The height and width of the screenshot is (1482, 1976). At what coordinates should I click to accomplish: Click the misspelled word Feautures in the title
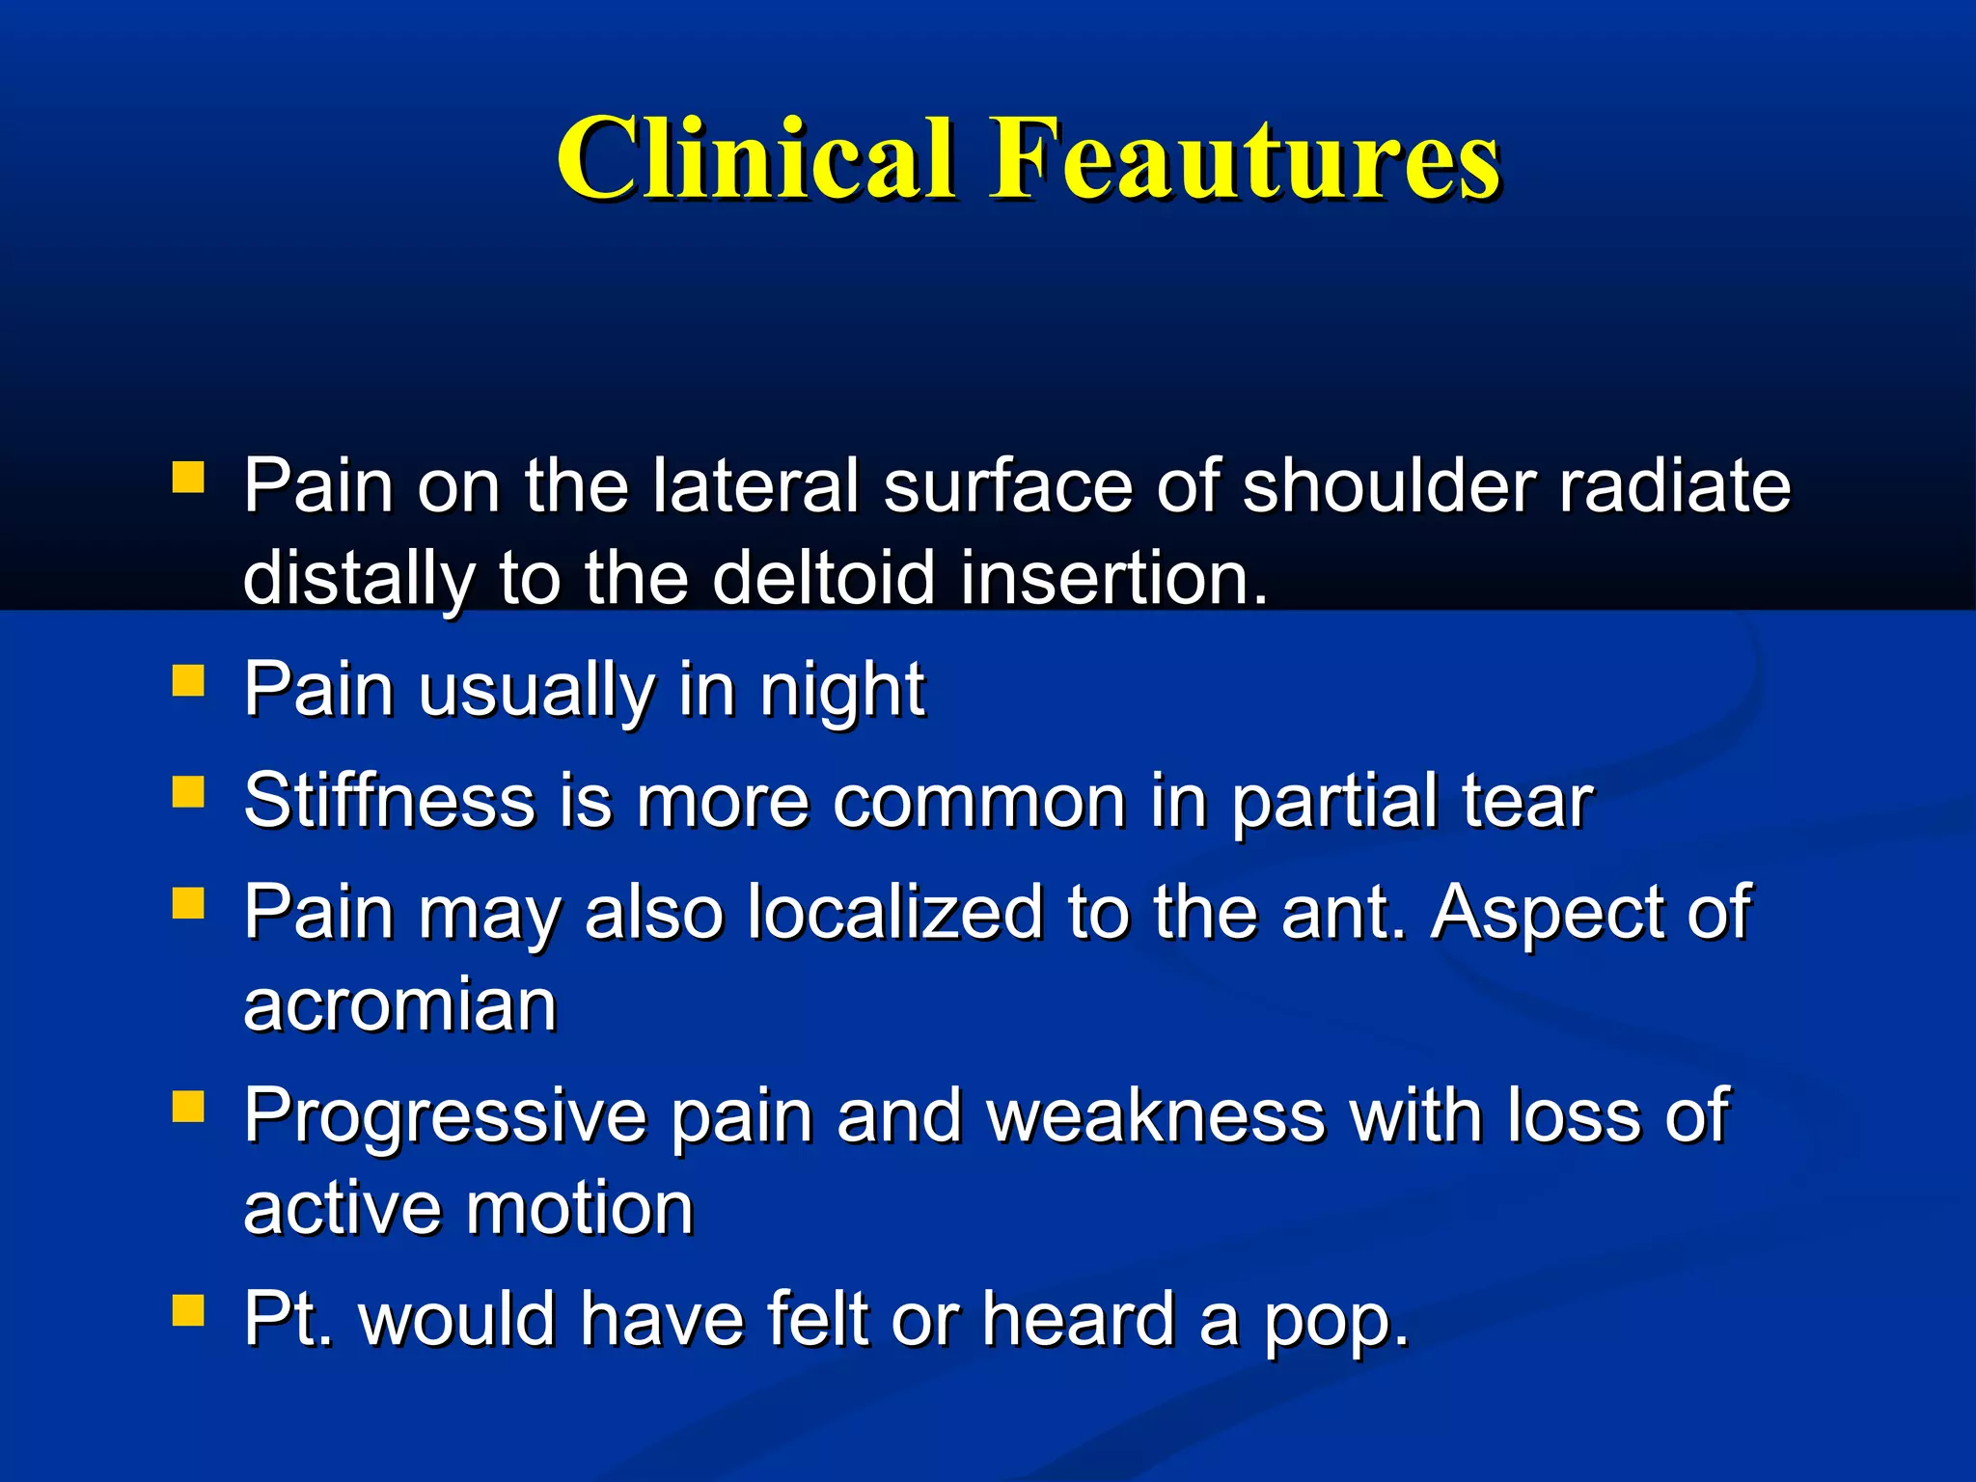1245,159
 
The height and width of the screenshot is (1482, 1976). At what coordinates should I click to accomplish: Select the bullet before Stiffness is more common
188,792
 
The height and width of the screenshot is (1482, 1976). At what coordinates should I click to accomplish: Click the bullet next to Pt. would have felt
188,1310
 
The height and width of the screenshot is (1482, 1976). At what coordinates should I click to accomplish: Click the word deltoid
824,578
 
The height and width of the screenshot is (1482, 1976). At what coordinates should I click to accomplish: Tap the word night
841,691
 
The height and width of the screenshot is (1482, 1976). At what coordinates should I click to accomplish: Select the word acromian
400,1006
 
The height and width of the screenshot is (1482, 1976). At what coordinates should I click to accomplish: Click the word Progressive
445,1117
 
